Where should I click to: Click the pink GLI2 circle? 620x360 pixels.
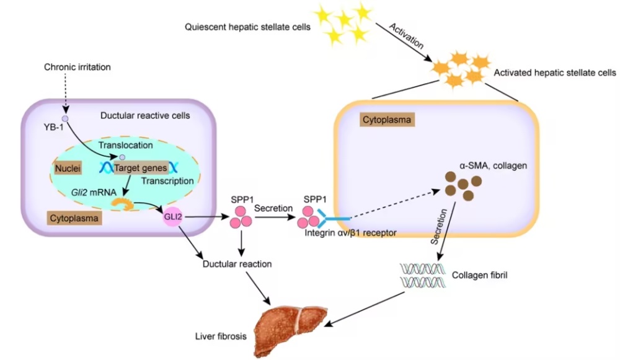click(173, 217)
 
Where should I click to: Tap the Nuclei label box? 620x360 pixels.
click(68, 169)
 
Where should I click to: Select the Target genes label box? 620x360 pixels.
click(141, 168)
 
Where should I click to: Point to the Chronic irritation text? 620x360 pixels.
click(77, 67)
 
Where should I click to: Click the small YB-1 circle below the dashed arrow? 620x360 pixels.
click(65, 118)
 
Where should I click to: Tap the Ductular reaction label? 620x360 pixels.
click(237, 264)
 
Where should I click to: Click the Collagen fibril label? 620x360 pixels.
click(480, 275)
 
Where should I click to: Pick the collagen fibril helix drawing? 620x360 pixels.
click(423, 275)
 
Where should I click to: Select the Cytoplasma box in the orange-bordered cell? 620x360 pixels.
click(387, 120)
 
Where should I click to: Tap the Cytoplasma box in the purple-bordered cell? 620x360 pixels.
click(74, 218)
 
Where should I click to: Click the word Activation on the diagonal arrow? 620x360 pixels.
click(406, 36)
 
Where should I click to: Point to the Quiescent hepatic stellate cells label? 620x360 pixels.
click(247, 27)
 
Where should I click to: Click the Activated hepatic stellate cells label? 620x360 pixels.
click(555, 72)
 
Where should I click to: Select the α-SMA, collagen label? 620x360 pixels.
click(493, 165)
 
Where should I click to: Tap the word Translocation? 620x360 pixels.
click(126, 145)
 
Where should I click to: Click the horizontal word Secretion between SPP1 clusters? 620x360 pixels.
click(273, 208)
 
